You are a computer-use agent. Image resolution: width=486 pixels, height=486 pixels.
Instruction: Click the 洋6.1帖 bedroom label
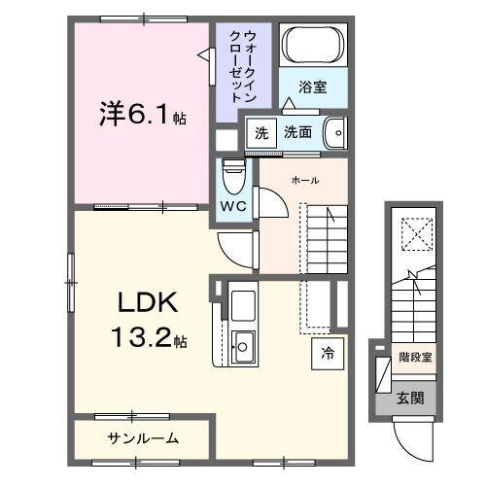click(x=140, y=115)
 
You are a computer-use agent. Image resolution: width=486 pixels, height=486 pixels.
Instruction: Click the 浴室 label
click(x=312, y=87)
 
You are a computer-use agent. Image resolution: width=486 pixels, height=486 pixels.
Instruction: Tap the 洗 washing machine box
click(x=260, y=132)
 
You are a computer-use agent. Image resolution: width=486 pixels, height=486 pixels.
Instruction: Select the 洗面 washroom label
click(x=297, y=132)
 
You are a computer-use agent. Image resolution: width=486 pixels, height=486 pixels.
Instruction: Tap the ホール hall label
click(x=305, y=180)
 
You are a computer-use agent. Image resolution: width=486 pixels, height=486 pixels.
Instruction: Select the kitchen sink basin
click(x=242, y=342)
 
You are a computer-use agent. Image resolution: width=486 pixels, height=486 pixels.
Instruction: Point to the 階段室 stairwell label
click(x=415, y=357)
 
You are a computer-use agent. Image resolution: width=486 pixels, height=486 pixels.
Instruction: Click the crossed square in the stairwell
click(x=414, y=233)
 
